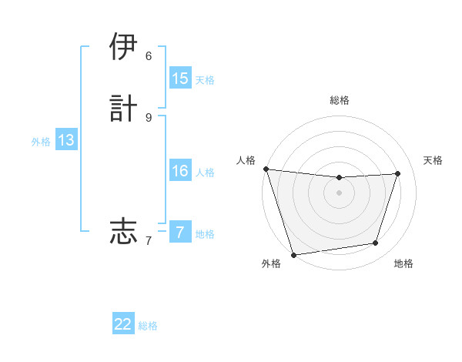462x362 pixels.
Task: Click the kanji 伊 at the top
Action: tap(123, 47)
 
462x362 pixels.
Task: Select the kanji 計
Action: tap(123, 108)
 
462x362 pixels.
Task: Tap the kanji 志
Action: tap(123, 230)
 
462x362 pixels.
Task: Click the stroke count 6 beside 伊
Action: tap(149, 55)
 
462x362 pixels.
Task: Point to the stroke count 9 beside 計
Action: tap(149, 116)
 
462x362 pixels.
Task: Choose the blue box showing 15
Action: tap(180, 79)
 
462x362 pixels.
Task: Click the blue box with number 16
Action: tap(180, 171)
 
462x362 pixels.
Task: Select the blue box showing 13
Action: tap(66, 140)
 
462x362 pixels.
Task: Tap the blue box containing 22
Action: tap(123, 324)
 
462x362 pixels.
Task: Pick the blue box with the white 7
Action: tap(180, 232)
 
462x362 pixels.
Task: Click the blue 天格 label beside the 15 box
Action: tap(205, 80)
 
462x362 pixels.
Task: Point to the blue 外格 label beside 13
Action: tap(41, 142)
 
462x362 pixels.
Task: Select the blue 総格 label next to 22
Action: tap(148, 326)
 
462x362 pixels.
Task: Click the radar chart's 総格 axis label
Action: tap(339, 100)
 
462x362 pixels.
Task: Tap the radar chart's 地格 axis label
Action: tap(403, 263)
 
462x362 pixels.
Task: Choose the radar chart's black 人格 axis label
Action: tap(246, 160)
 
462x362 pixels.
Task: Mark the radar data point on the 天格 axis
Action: tap(398, 173)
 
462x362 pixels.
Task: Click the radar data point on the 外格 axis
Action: tap(293, 253)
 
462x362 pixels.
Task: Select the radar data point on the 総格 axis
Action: tap(339, 178)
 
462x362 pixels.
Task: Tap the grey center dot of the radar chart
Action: tap(339, 193)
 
